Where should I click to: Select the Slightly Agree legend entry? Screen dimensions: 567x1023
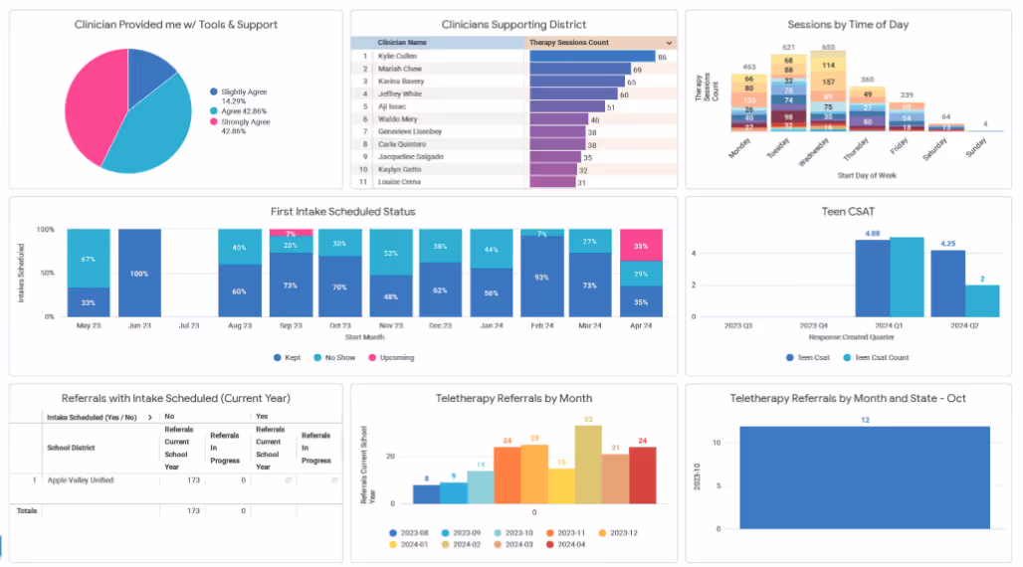click(x=239, y=92)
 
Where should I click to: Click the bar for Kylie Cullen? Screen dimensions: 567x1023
click(x=592, y=57)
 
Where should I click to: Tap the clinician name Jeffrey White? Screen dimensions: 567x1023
click(x=400, y=94)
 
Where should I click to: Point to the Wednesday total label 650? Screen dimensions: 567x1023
click(x=828, y=47)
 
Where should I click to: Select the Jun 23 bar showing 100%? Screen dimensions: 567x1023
click(x=139, y=273)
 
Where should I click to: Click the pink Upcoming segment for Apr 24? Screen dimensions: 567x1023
click(x=641, y=245)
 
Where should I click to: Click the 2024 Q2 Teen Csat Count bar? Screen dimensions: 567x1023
click(x=981, y=300)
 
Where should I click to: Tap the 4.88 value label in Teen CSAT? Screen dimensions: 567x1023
click(x=872, y=234)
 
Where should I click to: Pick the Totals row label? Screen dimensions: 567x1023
click(x=26, y=510)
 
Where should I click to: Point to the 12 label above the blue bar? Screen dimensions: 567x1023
click(x=865, y=419)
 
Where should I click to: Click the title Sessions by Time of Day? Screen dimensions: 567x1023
click(x=848, y=25)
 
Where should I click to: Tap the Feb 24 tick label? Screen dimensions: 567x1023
click(x=541, y=325)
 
